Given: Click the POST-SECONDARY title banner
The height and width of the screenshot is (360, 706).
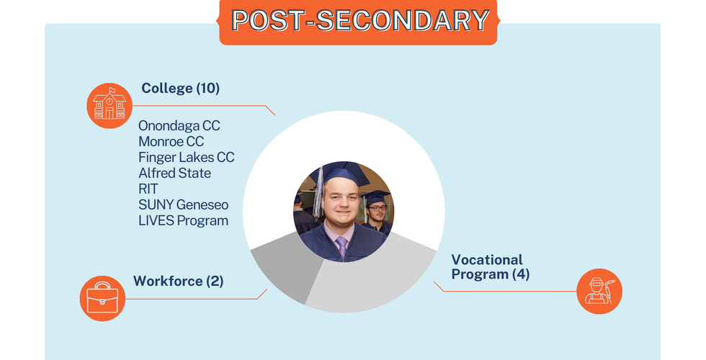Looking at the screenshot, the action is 359,21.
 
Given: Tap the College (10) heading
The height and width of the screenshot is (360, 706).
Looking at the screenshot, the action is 181,88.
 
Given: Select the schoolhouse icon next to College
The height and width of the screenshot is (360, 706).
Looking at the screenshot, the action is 110,106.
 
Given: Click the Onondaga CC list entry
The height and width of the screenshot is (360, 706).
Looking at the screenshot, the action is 179,125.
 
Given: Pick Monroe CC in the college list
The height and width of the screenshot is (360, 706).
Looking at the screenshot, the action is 171,141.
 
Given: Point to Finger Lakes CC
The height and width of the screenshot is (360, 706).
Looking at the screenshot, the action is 187,157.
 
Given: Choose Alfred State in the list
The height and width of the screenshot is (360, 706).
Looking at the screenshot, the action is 174,173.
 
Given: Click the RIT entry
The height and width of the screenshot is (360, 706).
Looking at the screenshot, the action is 148,189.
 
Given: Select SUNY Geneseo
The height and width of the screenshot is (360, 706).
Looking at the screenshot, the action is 183,204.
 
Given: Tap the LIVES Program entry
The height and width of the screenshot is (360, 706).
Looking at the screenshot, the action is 183,220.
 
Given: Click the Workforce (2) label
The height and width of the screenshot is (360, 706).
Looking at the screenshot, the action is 179,282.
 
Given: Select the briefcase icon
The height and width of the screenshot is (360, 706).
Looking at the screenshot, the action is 102,298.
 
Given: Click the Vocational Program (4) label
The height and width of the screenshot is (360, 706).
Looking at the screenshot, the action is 491,267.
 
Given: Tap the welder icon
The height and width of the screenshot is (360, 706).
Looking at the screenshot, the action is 599,291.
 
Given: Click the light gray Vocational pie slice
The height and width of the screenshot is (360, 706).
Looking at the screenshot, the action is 374,284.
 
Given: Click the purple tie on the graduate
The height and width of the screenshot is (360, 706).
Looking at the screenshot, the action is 342,246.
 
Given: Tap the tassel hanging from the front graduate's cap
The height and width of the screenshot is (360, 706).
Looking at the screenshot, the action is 318,193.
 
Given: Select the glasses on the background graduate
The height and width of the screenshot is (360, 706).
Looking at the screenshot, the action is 377,208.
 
